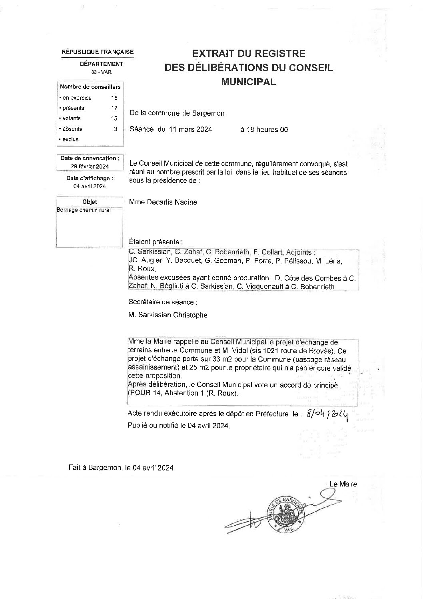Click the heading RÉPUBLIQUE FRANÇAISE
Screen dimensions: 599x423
coord(98,52)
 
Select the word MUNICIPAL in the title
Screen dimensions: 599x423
coord(249,82)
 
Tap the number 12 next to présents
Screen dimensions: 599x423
coord(114,108)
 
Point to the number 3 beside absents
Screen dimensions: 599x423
coord(116,129)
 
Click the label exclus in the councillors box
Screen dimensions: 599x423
coord(70,139)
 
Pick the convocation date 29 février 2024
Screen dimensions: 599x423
coord(90,167)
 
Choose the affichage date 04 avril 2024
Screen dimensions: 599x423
coord(90,186)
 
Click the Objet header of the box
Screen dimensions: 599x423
coord(90,202)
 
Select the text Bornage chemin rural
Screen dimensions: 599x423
coord(84,210)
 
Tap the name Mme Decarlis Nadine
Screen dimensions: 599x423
coord(163,202)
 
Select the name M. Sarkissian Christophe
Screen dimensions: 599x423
coord(168,315)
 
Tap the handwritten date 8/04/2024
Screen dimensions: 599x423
coord(326,415)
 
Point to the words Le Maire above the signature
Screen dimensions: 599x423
coord(343,484)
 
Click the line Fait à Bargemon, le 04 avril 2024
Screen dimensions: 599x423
coord(121,468)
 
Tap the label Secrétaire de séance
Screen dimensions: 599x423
coord(162,302)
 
